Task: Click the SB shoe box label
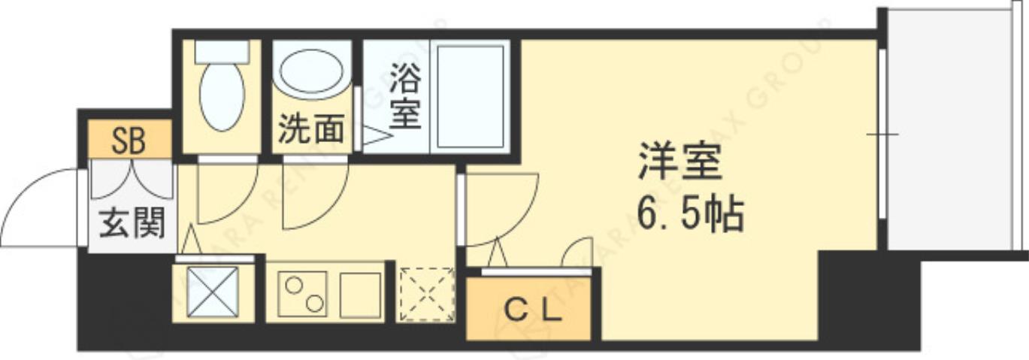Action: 129,141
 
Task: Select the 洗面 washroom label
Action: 311,129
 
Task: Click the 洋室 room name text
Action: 680,163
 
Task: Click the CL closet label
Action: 531,309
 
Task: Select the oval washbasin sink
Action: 311,74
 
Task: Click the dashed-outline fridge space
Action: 426,294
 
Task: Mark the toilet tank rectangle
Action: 222,51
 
